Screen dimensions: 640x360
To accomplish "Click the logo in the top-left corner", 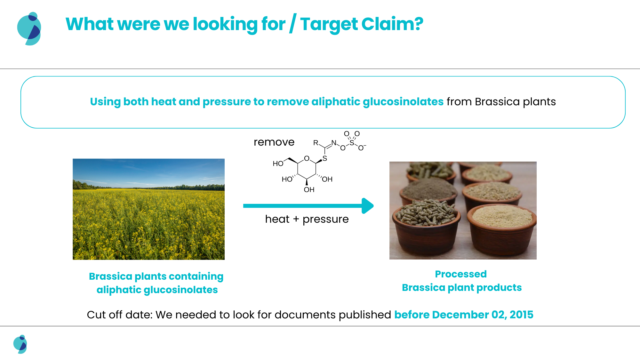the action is (29, 29).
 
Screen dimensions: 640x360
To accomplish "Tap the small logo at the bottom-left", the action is (20, 344).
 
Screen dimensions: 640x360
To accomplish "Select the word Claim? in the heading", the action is (392, 24).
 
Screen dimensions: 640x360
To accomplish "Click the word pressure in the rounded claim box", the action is (226, 102).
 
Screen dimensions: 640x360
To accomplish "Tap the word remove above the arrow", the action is (274, 142).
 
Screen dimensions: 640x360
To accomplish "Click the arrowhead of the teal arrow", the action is (368, 206).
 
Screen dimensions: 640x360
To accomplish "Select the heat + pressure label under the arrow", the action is (307, 219).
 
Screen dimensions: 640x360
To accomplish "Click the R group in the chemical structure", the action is (316, 143).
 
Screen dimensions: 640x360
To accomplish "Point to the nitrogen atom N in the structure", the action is (334, 143).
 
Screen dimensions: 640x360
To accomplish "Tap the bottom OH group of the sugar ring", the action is (309, 190).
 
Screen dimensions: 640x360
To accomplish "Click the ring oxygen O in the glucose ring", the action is (307, 158).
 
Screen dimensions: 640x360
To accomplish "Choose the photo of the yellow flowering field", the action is (148, 209).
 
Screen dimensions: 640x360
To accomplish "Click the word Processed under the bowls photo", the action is (461, 274).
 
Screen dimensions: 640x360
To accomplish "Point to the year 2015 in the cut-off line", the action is (522, 315).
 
